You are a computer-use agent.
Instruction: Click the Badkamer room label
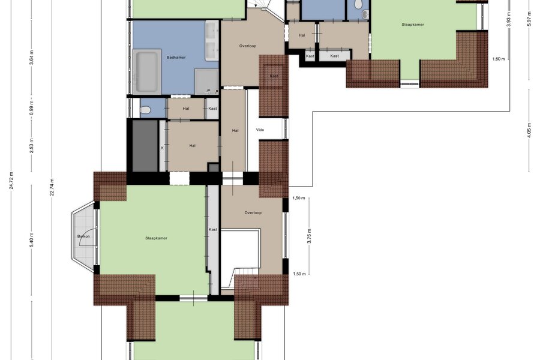(176, 58)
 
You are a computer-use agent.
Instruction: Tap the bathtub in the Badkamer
(147, 71)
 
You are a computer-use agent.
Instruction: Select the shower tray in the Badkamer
(206, 82)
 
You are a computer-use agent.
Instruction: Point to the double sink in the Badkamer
(212, 41)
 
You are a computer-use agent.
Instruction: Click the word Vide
(260, 130)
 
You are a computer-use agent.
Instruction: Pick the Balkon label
(83, 236)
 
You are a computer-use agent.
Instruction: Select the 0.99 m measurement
(32, 108)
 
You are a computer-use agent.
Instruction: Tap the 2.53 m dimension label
(32, 146)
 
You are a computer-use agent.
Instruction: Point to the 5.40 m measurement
(32, 241)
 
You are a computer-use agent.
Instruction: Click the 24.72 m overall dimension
(11, 181)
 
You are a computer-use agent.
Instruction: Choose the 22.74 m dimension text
(52, 187)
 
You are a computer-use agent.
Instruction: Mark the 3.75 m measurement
(309, 236)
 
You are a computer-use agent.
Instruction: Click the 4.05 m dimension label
(529, 130)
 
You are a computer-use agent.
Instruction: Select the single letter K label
(163, 148)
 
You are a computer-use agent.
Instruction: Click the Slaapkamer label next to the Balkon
(157, 238)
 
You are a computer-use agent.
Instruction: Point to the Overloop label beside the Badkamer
(248, 46)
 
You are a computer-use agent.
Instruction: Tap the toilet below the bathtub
(145, 110)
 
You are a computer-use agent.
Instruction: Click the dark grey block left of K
(145, 145)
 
